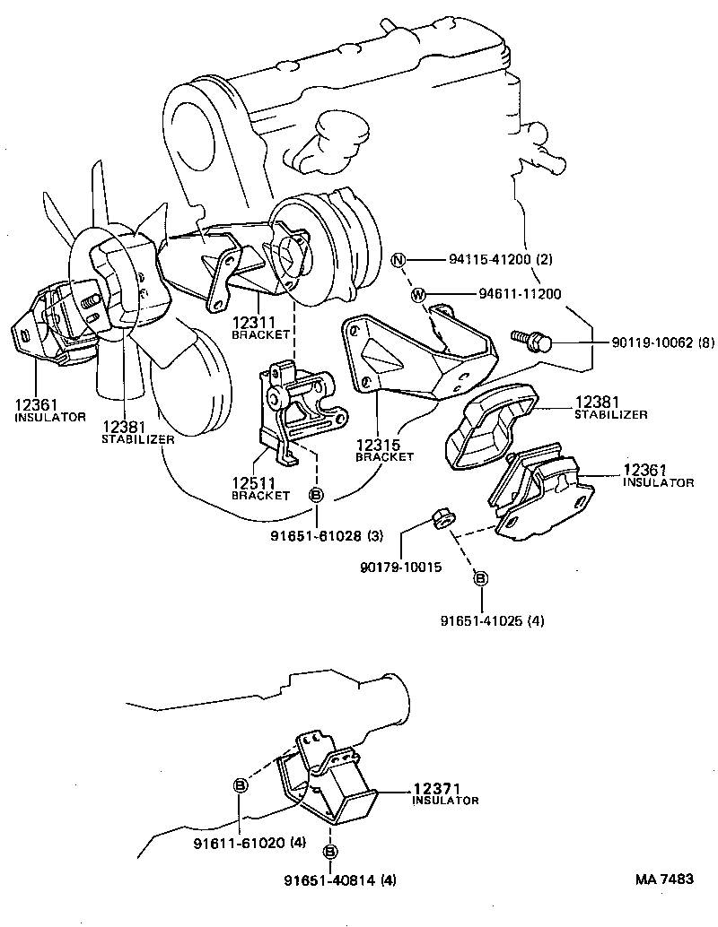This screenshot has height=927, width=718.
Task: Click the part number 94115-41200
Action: point(488,260)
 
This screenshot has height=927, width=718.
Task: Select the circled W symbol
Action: point(418,293)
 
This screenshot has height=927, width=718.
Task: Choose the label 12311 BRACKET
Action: point(261,326)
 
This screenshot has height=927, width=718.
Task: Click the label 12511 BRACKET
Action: point(261,489)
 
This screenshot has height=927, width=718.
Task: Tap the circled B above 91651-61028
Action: point(317,496)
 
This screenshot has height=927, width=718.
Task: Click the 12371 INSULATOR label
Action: point(444,793)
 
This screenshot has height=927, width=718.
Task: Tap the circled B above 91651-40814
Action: point(330,851)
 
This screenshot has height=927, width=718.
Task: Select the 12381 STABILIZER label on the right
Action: point(610,408)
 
